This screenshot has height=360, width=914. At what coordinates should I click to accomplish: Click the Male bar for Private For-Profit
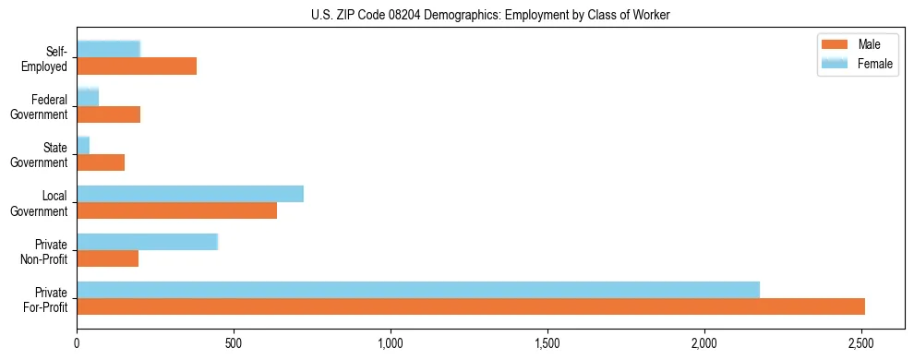[x=471, y=306]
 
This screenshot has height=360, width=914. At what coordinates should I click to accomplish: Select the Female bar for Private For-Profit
[x=418, y=290]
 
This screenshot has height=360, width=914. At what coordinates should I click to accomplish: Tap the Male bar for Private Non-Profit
[x=108, y=258]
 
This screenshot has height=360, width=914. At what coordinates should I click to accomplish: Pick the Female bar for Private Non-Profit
[x=147, y=242]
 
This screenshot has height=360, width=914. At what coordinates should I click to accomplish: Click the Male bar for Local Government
[x=177, y=210]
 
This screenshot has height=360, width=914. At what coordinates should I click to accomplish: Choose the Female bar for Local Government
[x=190, y=194]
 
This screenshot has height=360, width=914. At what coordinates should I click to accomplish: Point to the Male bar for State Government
[x=101, y=162]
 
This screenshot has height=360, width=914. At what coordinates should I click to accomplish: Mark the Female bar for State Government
[x=83, y=146]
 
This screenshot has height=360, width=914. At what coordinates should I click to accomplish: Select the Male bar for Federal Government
[x=109, y=114]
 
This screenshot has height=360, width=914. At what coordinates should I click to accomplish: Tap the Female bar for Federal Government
[x=88, y=98]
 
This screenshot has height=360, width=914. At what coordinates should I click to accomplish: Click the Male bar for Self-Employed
[x=137, y=66]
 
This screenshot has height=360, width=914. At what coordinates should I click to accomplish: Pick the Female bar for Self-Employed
[x=109, y=50]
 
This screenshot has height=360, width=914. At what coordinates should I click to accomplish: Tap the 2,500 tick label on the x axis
[x=861, y=343]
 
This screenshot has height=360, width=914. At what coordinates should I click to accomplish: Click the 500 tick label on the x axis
[x=234, y=343]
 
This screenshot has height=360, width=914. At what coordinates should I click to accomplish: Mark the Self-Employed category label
[x=47, y=59]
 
